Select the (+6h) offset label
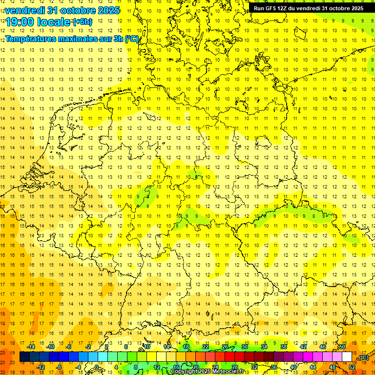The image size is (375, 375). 82,22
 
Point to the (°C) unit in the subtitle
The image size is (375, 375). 132,39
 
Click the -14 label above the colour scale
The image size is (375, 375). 31,347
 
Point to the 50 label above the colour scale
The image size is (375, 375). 342,347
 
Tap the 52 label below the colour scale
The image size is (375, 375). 352,367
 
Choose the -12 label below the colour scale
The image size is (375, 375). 41,367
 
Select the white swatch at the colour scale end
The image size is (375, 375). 347,357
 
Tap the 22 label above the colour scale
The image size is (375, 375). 206,347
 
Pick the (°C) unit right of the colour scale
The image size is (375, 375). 363,358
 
